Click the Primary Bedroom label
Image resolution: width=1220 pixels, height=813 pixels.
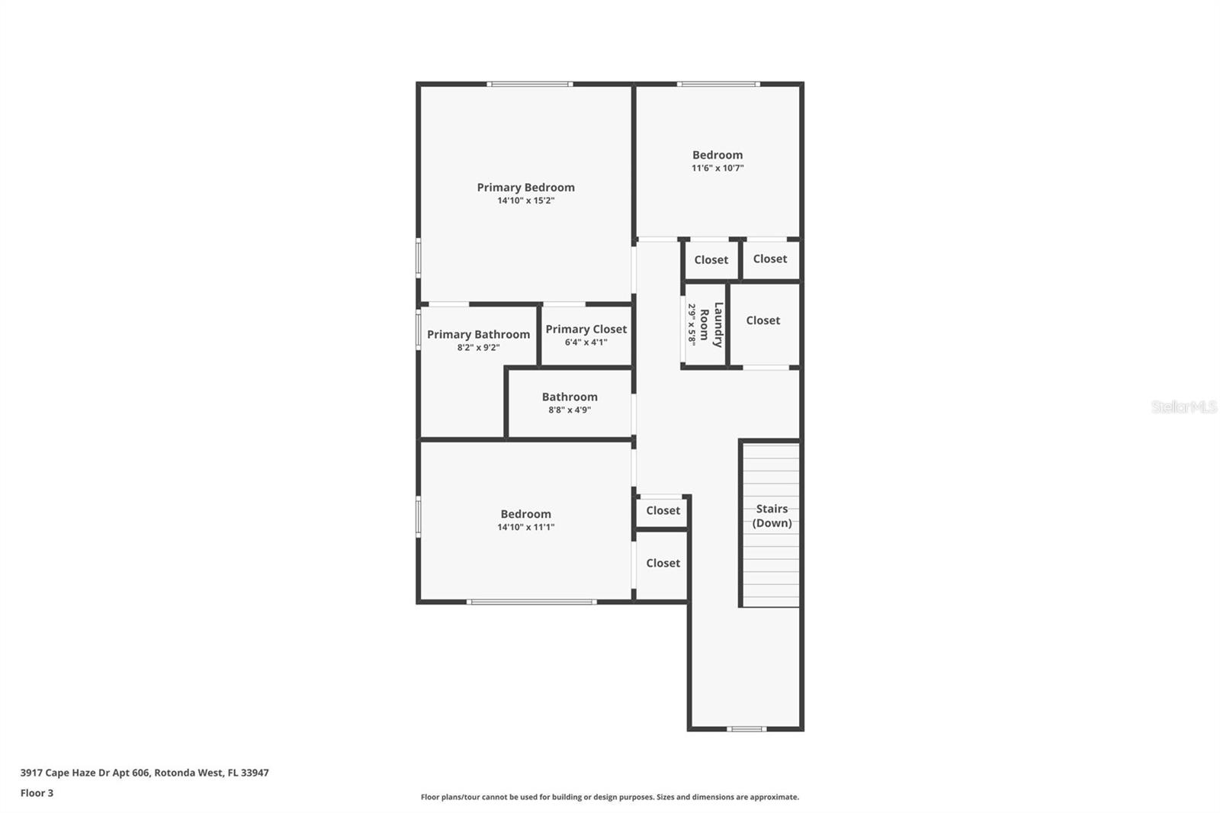pos(525,187)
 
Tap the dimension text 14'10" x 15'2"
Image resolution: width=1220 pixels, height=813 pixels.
pos(525,201)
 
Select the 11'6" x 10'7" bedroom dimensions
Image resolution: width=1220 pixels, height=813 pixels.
pos(717,168)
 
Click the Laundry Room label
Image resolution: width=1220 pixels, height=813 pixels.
pos(711,325)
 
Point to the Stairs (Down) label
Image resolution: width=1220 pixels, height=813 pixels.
pos(772,516)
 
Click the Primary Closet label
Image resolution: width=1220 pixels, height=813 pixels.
pos(586,329)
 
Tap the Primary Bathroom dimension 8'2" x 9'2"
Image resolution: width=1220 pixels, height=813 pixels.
pos(478,347)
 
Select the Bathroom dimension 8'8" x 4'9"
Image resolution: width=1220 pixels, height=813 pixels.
pos(570,410)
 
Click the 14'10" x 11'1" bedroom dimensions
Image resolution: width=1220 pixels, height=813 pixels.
pos(525,527)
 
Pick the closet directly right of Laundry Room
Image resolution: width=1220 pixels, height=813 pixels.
pos(762,320)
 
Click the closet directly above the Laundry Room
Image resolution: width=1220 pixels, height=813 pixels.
pos(711,259)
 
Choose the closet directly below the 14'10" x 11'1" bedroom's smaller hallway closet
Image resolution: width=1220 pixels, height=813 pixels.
pos(663,563)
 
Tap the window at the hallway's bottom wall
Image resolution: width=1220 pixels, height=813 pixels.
pos(746,729)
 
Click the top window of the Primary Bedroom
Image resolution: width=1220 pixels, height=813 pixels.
pos(530,84)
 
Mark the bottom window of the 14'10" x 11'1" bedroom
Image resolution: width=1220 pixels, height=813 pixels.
pos(531,602)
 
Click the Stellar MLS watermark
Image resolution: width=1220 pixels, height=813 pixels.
pos(1183,406)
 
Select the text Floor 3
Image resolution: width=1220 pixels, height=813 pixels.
pos(37,792)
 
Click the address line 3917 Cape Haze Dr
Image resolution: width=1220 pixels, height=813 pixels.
pos(144,772)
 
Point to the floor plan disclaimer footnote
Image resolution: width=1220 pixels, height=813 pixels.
pos(609,797)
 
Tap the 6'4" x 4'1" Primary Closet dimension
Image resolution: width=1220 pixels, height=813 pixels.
pos(586,342)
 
